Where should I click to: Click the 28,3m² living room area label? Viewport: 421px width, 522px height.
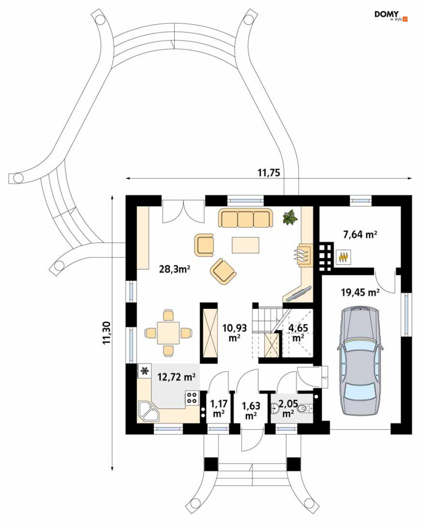(x=173, y=268)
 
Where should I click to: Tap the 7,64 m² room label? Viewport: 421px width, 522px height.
(x=360, y=233)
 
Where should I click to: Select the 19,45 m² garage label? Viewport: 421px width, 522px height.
(x=360, y=292)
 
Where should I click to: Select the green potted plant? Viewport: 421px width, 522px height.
(x=290, y=217)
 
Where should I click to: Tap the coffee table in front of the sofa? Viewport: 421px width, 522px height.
(x=245, y=245)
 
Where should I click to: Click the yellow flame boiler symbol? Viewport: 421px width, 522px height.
(x=343, y=257)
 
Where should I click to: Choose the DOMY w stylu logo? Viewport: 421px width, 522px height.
(x=391, y=16)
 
